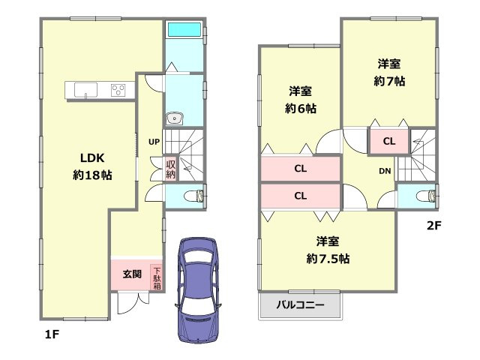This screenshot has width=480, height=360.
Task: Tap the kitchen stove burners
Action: pyautogui.click(x=119, y=91)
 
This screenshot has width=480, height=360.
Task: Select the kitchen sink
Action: pyautogui.click(x=86, y=92)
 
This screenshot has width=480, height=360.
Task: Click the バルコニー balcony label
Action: pyautogui.click(x=300, y=305)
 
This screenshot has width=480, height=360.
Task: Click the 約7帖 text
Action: pyautogui.click(x=389, y=81)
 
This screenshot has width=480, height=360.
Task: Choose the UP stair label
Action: pyautogui.click(x=153, y=140)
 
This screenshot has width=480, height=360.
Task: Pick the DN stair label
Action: pyautogui.click(x=384, y=171)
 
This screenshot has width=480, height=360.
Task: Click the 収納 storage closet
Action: pyautogui.click(x=170, y=168)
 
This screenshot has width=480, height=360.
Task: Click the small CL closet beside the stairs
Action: pyautogui.click(x=388, y=140)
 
